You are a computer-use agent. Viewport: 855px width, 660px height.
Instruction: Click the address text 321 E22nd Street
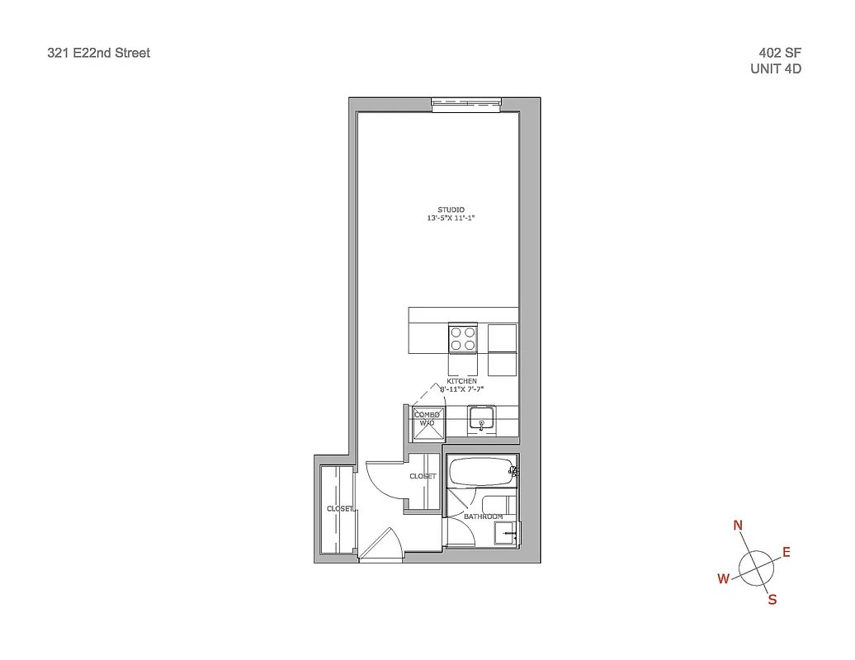click(99, 53)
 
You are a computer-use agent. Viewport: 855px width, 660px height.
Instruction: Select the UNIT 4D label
click(775, 69)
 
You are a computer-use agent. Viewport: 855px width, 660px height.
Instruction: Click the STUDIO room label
click(451, 210)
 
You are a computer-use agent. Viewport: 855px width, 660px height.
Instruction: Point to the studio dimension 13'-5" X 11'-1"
click(451, 219)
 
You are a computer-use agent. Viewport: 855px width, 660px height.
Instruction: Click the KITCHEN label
click(462, 381)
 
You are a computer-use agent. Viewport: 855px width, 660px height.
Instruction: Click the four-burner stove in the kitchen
click(462, 338)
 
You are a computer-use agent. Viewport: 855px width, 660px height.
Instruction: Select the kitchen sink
click(481, 419)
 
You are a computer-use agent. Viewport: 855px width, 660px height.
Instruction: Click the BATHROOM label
click(483, 516)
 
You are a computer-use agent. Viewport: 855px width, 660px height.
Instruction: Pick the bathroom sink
click(505, 533)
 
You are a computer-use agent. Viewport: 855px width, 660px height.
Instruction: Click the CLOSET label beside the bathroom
click(423, 477)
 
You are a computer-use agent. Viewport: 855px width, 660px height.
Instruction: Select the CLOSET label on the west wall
click(340, 509)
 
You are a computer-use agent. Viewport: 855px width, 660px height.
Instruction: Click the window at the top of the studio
click(467, 103)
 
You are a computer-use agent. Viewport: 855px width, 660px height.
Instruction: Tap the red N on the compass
click(738, 526)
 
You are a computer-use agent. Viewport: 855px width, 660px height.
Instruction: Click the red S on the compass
click(772, 600)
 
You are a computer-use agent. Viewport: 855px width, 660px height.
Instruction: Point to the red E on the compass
click(787, 552)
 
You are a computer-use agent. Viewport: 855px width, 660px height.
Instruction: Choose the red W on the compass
click(724, 579)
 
